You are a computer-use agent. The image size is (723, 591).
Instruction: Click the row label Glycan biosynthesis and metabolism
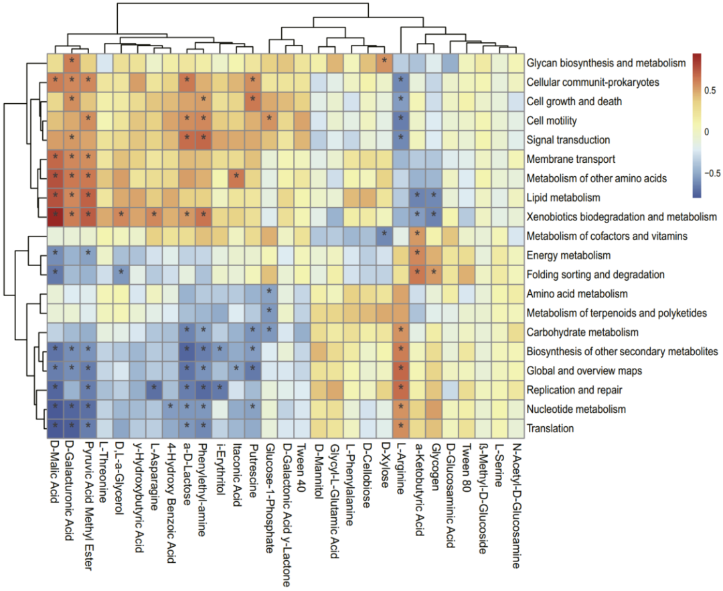(x=607, y=63)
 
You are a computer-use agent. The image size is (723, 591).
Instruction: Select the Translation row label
(x=550, y=428)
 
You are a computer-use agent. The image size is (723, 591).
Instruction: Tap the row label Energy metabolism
(x=568, y=256)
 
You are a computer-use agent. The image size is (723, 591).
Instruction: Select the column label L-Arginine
(x=400, y=467)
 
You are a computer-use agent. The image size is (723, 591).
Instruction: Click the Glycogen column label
(x=433, y=464)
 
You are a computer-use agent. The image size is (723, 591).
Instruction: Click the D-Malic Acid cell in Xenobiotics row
(x=55, y=216)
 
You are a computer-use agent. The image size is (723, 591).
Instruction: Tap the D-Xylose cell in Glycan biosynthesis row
(x=384, y=62)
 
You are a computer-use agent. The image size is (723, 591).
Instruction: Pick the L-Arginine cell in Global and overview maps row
(x=400, y=370)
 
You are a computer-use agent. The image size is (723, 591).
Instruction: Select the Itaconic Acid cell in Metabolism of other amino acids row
(x=236, y=178)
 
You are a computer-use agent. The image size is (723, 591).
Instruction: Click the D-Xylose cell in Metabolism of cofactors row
(x=384, y=235)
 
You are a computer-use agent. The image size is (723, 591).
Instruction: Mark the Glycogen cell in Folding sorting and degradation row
(x=433, y=274)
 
